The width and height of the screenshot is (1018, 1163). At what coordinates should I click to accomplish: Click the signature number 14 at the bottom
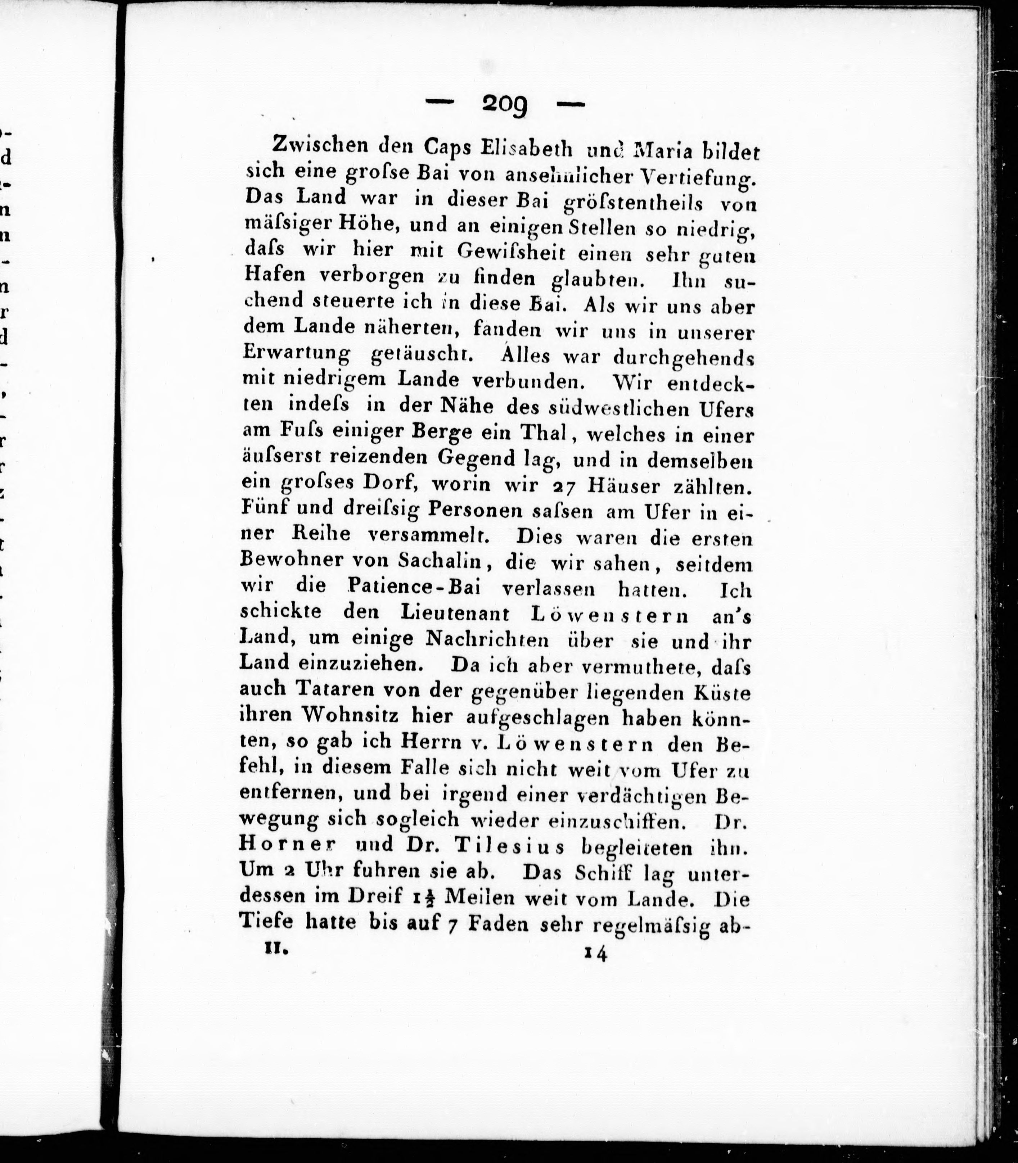[x=594, y=954]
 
